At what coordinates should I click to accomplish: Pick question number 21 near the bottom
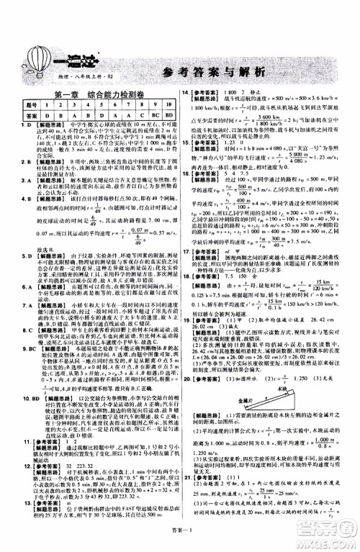(186, 497)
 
